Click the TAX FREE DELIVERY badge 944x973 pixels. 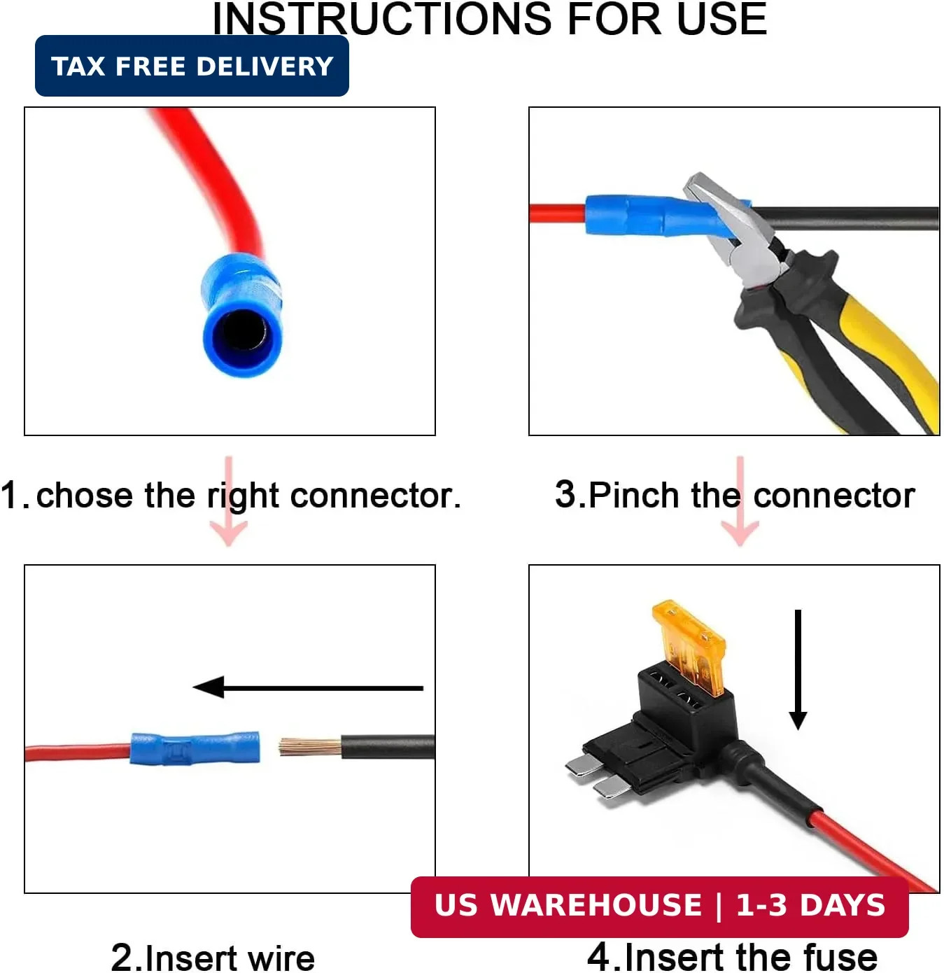click(x=192, y=66)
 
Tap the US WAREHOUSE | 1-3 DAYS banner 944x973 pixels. click(x=660, y=906)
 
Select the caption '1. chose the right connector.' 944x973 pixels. click(x=231, y=496)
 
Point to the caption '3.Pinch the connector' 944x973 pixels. click(x=735, y=495)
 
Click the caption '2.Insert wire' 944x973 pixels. click(x=213, y=958)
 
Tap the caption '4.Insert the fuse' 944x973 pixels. click(x=733, y=956)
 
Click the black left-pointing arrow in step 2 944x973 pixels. click(x=308, y=687)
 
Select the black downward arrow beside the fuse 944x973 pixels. click(x=798, y=669)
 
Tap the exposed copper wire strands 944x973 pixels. click(x=310, y=746)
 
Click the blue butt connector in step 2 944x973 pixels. click(x=195, y=748)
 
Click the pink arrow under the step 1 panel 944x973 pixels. click(x=228, y=500)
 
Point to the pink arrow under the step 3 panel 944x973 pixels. click(x=740, y=500)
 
